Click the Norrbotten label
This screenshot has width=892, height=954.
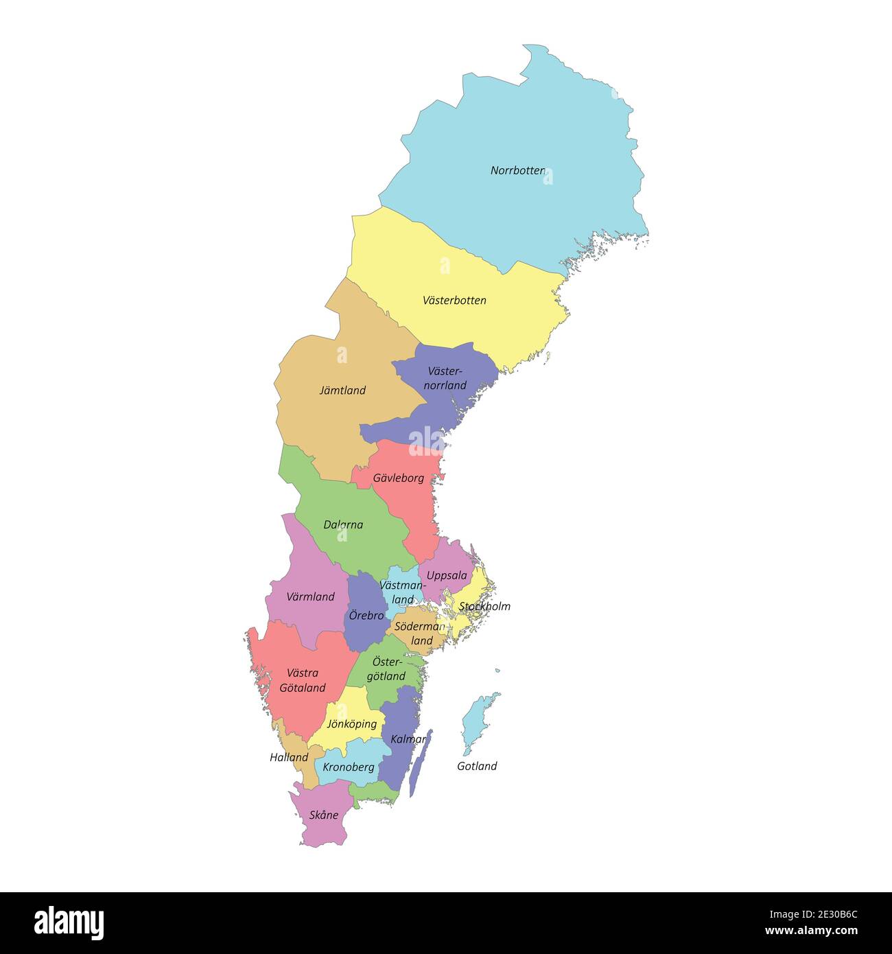[x=517, y=170]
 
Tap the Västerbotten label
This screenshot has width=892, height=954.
[x=454, y=300]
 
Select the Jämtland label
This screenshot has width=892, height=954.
[x=342, y=390]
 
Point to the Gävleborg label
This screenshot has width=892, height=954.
[x=399, y=478]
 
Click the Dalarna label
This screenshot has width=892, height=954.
[x=343, y=524]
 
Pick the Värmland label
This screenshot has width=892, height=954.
[x=310, y=596]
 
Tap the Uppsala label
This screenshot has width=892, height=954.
[x=447, y=575]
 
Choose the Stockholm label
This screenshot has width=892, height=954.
[x=484, y=606]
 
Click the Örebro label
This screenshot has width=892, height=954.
[x=366, y=615]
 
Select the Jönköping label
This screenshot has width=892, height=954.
[x=351, y=723]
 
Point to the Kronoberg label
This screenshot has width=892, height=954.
[x=349, y=767]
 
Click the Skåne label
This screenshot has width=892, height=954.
[x=323, y=815]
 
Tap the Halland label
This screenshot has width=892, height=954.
[x=289, y=757]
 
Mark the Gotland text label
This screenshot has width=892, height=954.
[x=477, y=766]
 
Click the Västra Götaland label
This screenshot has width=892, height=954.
[x=302, y=680]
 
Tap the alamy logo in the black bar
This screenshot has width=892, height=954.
[x=69, y=922]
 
